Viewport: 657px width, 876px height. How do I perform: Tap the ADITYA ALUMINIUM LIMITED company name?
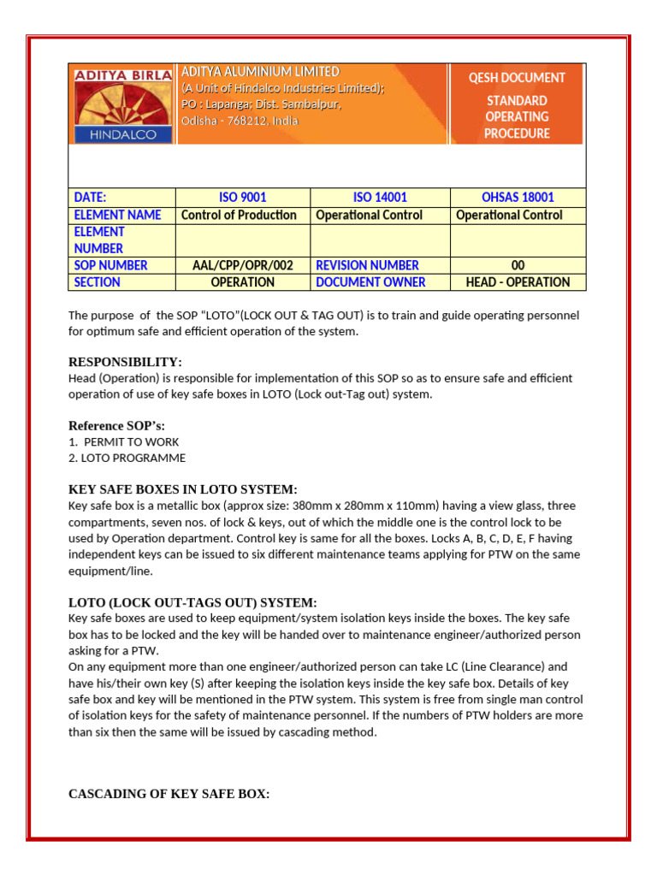(x=260, y=72)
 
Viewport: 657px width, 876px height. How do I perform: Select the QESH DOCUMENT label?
(x=517, y=78)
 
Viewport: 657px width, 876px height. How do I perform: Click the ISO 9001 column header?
(x=242, y=198)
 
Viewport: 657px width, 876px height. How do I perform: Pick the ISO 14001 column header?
(x=380, y=198)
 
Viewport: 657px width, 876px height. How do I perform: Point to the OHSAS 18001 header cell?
(x=517, y=198)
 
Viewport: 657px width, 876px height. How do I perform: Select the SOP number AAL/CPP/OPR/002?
(x=242, y=265)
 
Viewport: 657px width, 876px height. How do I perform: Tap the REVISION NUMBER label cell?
(x=367, y=265)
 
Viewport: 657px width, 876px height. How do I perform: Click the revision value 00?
(x=518, y=265)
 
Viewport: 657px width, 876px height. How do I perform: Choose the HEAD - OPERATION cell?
(x=518, y=282)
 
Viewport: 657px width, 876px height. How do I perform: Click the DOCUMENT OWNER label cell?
(x=370, y=282)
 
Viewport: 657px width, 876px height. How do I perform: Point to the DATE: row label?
(x=91, y=198)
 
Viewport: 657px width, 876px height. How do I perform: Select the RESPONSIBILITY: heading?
(x=125, y=362)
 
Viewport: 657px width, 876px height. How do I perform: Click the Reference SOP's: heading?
(x=116, y=426)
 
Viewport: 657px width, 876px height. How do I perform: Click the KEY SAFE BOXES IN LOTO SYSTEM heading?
(x=182, y=489)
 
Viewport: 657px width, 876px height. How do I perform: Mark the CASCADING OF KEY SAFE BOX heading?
(x=169, y=794)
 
